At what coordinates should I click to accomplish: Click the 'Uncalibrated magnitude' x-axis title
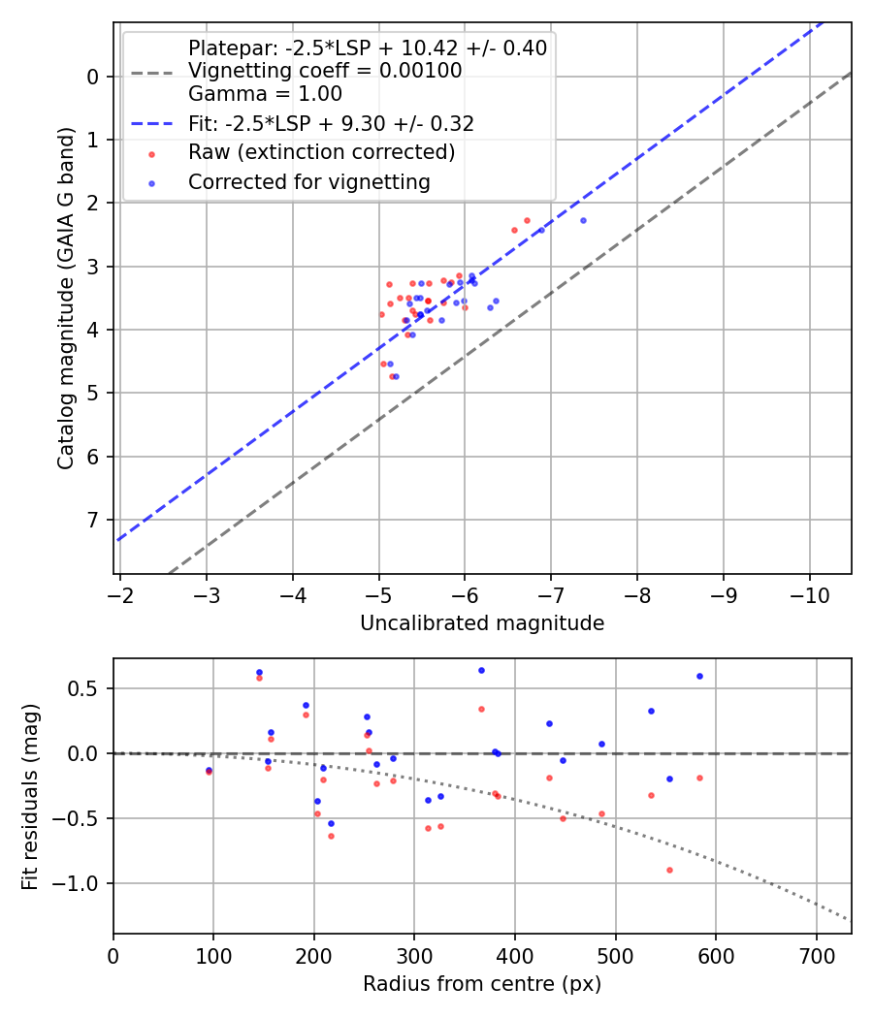click(482, 623)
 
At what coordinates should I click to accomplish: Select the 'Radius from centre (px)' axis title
click(482, 984)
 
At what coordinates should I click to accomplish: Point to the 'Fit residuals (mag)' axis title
click(30, 796)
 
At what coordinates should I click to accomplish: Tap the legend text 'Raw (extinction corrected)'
click(321, 152)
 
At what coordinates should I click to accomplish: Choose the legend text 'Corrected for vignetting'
click(308, 181)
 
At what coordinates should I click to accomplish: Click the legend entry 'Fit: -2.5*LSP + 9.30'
click(331, 124)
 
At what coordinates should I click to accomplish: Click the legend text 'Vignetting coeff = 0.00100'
click(325, 71)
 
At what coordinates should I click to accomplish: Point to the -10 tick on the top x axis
click(809, 593)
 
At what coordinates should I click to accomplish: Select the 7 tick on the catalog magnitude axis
click(94, 520)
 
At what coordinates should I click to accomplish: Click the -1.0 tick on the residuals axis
click(83, 883)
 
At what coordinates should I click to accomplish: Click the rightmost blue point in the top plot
click(583, 220)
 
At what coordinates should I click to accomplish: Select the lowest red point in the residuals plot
click(669, 870)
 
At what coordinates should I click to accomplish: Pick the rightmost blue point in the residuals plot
click(699, 676)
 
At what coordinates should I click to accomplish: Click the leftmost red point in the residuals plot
click(209, 772)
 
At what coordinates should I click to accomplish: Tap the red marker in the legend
click(150, 153)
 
